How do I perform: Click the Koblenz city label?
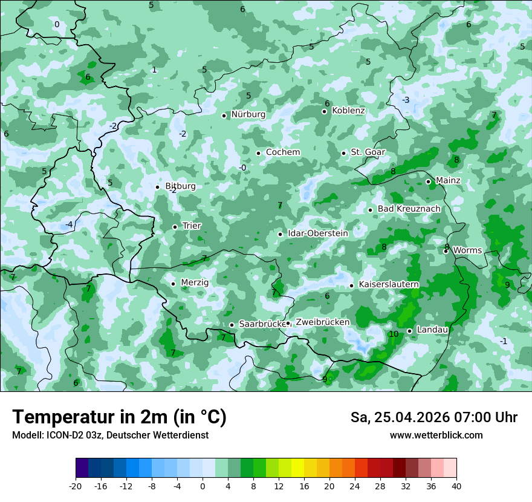click(349, 111)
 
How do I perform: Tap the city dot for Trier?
click(175, 227)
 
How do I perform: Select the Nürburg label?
click(248, 114)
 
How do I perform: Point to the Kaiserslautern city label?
click(389, 284)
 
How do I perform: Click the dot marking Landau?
click(409, 331)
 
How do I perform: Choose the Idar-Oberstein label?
click(317, 233)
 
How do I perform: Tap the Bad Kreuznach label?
click(409, 209)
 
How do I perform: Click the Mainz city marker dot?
click(428, 181)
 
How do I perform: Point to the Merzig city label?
click(195, 282)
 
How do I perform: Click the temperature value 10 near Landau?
click(394, 334)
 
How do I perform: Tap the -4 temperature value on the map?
click(69, 225)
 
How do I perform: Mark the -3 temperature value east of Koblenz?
click(406, 100)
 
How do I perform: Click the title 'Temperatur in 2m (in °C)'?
click(119, 417)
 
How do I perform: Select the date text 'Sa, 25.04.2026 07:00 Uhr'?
click(433, 417)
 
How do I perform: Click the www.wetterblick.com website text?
click(436, 435)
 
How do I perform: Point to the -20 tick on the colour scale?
click(76, 486)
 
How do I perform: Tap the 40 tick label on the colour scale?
click(456, 486)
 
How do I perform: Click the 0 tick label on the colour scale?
click(203, 486)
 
